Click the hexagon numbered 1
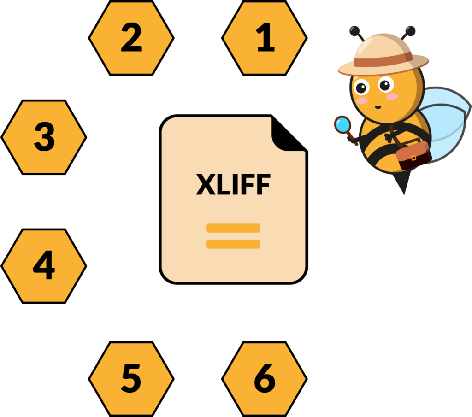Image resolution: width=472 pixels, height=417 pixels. (x=265, y=38)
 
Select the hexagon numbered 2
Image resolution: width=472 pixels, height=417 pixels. (x=131, y=38)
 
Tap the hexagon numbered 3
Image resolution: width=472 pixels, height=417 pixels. (x=44, y=137)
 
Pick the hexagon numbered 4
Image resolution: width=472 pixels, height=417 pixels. (x=44, y=266)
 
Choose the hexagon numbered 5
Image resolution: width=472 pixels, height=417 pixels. (x=131, y=379)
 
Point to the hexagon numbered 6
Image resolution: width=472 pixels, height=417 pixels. (x=265, y=379)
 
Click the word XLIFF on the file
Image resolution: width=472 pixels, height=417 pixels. (x=233, y=185)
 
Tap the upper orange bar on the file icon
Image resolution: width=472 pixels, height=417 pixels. (x=233, y=228)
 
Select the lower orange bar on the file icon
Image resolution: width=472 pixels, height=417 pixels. (x=233, y=244)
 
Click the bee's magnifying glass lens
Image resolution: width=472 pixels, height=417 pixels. (x=342, y=124)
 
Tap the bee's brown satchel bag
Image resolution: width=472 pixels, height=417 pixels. (x=413, y=156)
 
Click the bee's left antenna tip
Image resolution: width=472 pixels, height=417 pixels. (x=354, y=31)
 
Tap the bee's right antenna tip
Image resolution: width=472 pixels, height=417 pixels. (x=410, y=31)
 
